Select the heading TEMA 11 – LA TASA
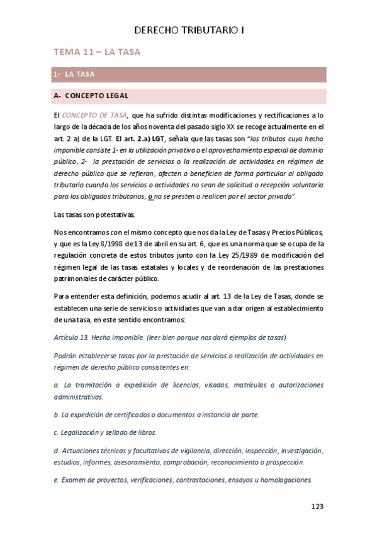(x=97, y=52)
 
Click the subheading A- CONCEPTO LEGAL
(x=91, y=96)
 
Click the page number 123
(x=318, y=506)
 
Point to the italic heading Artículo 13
(x=72, y=337)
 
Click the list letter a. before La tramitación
(x=56, y=385)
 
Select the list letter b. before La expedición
(x=56, y=415)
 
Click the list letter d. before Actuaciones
(x=56, y=450)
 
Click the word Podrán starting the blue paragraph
(x=67, y=355)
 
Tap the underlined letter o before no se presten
(x=150, y=197)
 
